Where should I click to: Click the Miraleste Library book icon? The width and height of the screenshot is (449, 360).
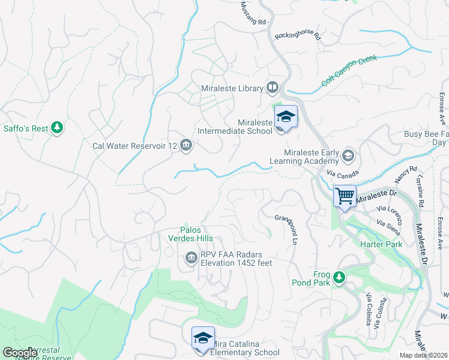tap(273, 88)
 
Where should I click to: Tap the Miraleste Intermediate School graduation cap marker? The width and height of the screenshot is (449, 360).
tap(286, 117)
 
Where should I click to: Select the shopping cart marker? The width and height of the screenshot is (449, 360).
tap(345, 195)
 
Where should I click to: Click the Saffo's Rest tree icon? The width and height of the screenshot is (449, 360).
tap(57, 127)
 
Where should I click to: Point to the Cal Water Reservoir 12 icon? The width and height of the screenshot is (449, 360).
tap(186, 145)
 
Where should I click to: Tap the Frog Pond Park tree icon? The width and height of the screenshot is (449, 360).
tap(339, 277)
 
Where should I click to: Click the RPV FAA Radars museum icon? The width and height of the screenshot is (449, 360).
tap(191, 258)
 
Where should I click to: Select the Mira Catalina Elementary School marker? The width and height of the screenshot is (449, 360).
tap(203, 338)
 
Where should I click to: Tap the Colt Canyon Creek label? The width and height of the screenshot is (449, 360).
tap(349, 70)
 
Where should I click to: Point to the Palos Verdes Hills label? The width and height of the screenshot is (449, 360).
tap(204, 235)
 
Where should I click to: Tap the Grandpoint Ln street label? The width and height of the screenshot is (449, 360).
tap(288, 229)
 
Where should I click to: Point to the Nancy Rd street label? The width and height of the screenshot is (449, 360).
tap(405, 175)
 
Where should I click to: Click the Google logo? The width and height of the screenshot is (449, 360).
tap(20, 353)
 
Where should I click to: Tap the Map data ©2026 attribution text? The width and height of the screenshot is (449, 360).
tap(424, 355)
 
